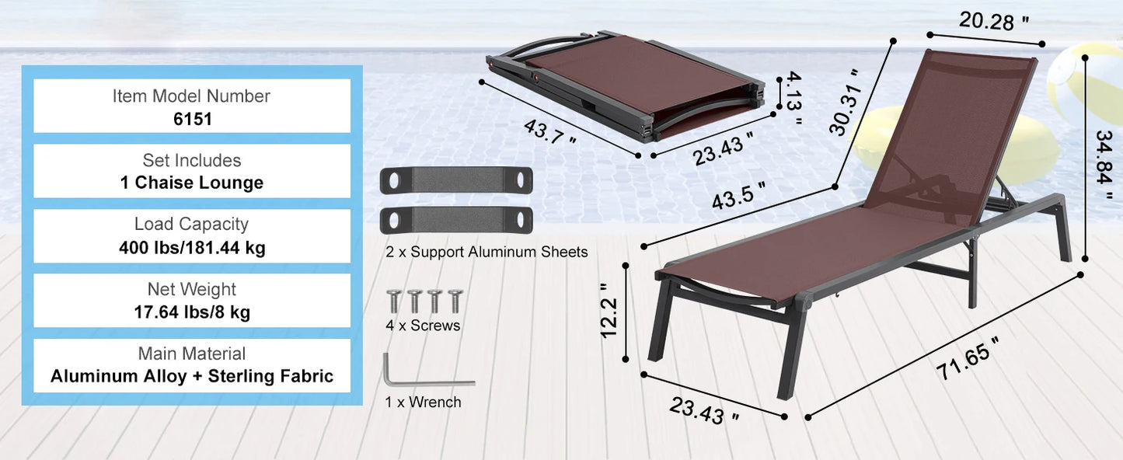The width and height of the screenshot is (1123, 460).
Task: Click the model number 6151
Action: pos(192,119)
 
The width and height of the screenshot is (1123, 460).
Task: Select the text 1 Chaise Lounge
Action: pos(192,183)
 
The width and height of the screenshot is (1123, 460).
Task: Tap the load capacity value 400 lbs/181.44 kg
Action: pos(192,248)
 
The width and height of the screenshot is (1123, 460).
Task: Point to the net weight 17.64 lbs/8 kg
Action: pos(192,312)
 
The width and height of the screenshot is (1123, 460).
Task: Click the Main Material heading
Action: pos(192,354)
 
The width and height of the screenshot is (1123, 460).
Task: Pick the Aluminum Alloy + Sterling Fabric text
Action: pos(192,377)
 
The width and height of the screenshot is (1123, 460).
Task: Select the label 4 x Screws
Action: pos(423,326)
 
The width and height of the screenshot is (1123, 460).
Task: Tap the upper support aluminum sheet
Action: pos(456,180)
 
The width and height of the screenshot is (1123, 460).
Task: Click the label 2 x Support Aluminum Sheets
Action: pos(487,252)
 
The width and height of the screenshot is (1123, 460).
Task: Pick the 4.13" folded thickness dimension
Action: pos(792,98)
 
